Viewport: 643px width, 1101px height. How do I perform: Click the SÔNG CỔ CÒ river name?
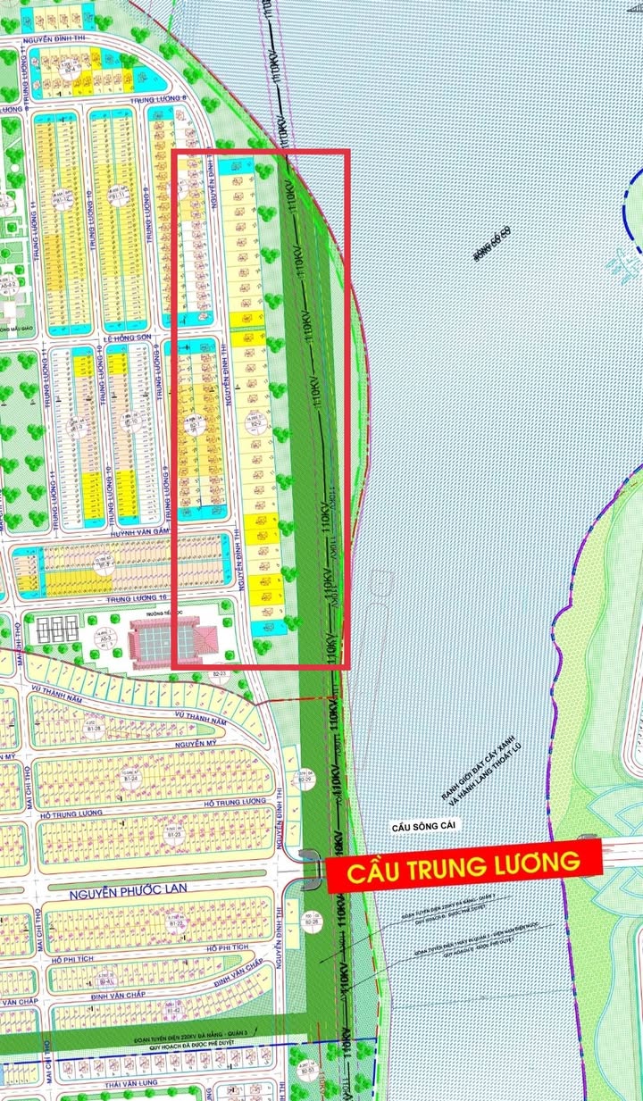click(491, 247)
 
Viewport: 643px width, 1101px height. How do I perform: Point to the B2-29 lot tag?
click(305, 778)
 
